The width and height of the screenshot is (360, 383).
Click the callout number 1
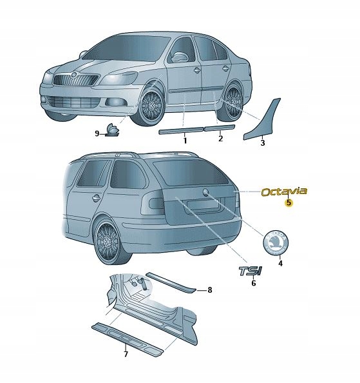click(x=184, y=140)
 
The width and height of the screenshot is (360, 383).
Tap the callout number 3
click(x=262, y=143)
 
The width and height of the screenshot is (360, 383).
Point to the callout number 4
click(x=279, y=264)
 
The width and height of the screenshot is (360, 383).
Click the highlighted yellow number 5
click(x=289, y=202)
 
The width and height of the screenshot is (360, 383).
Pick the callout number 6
click(x=253, y=283)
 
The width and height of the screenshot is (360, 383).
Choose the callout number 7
click(x=126, y=354)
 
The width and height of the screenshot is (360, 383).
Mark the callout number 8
click(x=209, y=291)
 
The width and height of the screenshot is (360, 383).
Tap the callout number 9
click(x=97, y=133)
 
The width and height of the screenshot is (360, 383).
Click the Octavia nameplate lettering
click(x=284, y=191)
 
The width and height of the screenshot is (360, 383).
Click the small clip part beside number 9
click(x=113, y=130)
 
